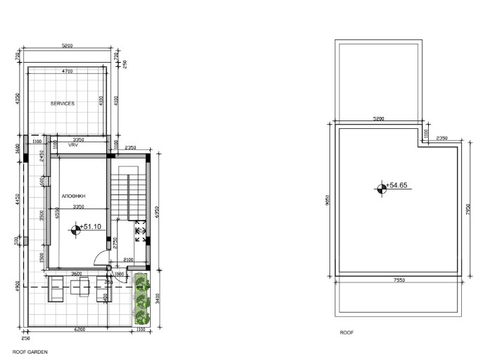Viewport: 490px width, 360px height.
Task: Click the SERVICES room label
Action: click(x=63, y=104)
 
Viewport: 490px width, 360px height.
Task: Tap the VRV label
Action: click(x=73, y=145)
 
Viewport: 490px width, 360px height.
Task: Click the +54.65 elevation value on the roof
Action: click(x=398, y=186)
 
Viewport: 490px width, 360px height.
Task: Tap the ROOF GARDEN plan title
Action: click(x=30, y=350)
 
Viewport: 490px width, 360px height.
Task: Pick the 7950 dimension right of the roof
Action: click(x=467, y=211)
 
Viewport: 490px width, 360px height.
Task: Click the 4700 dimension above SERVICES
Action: click(x=68, y=72)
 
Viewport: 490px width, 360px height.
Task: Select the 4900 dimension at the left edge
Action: click(x=18, y=287)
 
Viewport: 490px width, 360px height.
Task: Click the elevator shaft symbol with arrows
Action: click(x=139, y=230)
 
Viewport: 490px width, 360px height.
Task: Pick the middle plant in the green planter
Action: click(x=142, y=299)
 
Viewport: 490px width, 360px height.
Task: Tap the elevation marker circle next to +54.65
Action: click(x=381, y=187)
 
